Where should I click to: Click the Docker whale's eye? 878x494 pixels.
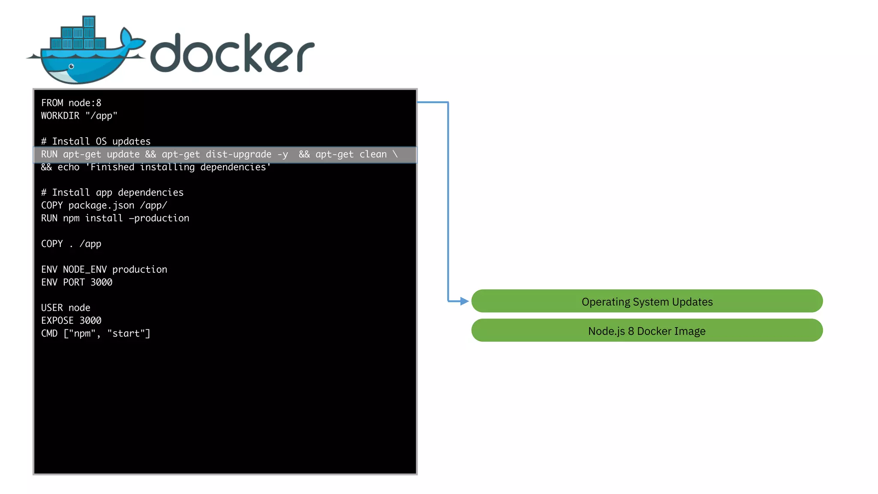point(72,66)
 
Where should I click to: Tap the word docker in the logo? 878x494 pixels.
point(232,53)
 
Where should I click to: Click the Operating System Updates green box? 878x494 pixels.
point(646,301)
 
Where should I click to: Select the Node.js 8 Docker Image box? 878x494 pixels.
point(646,331)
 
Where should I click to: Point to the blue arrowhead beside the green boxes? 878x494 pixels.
point(464,301)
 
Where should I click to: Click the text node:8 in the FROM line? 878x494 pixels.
point(85,103)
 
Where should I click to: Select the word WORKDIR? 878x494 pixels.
point(60,116)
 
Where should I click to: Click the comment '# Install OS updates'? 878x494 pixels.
point(96,142)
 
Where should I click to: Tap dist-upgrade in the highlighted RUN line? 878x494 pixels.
point(238,154)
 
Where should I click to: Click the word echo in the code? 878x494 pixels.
point(69,167)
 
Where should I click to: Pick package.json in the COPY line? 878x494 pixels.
point(101,205)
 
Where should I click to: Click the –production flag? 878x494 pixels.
point(159,218)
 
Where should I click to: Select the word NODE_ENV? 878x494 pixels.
point(85,269)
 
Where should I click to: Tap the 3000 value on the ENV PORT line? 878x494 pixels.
point(101,282)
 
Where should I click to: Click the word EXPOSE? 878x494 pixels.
point(57,321)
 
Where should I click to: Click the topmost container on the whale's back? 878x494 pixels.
point(89,21)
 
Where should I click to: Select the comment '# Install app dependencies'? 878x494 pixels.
point(112,193)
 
